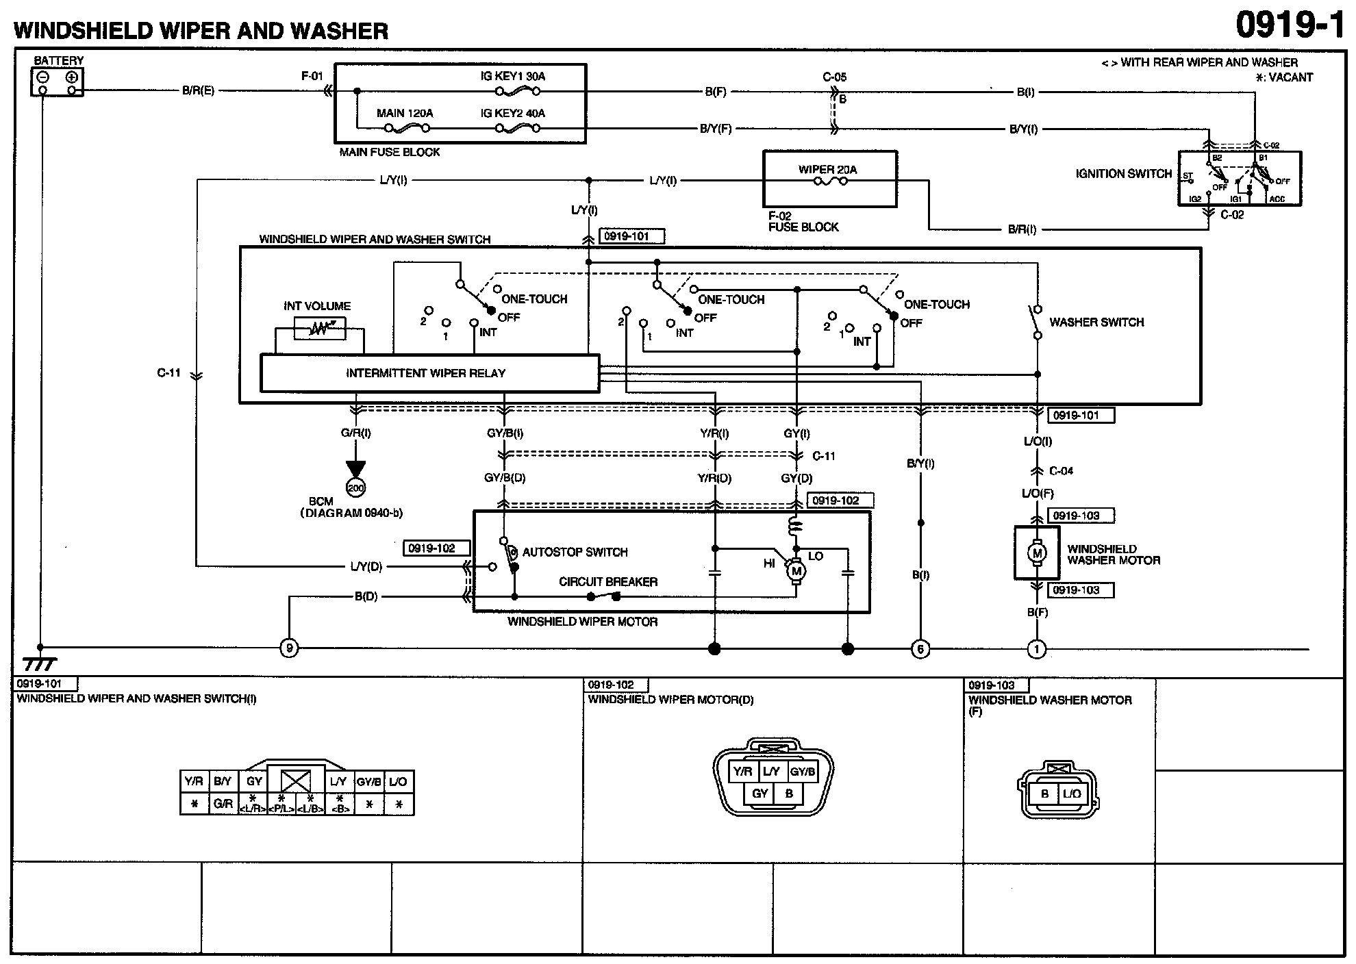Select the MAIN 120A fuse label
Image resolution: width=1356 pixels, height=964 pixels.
point(405,113)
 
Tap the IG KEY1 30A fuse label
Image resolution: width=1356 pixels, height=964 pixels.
point(512,76)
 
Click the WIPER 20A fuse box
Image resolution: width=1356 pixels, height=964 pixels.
point(829,179)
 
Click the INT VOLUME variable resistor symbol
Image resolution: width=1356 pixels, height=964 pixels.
point(319,329)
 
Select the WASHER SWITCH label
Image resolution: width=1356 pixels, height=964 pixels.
point(1096,322)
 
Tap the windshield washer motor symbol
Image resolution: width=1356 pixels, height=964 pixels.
point(1037,553)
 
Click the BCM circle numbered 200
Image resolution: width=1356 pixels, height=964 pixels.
point(355,488)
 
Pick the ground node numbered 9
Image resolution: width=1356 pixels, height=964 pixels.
point(289,648)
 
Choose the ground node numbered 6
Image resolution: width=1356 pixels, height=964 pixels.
point(920,649)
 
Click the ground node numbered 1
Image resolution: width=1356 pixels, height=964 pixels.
point(1037,649)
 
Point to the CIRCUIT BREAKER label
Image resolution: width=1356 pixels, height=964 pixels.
point(607,582)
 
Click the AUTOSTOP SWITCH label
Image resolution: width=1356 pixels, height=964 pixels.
point(575,552)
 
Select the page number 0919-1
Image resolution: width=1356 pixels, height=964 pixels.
point(1290,26)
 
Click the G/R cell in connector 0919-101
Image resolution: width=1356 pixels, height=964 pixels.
point(223,804)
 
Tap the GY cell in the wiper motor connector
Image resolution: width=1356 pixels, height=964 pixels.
point(759,794)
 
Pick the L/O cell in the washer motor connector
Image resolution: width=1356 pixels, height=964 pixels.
point(1072,794)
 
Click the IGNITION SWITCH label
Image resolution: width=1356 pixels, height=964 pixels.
point(1123,174)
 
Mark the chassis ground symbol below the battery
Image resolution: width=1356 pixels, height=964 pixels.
point(40,664)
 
